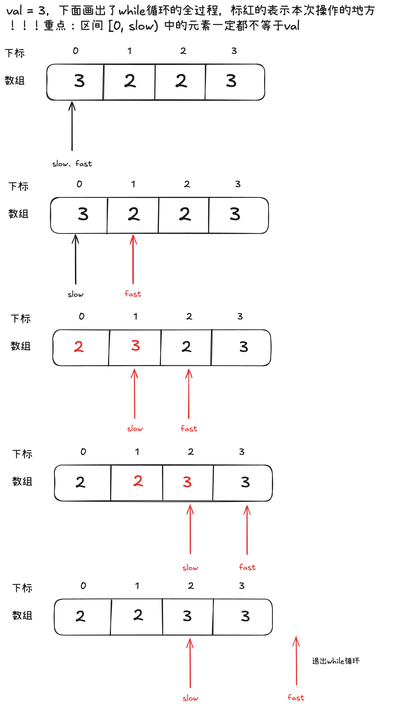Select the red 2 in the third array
click(x=79, y=347)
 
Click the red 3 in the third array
click(x=136, y=345)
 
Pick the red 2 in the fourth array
click(x=138, y=481)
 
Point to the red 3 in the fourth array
click(x=187, y=482)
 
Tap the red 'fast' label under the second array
click(x=133, y=294)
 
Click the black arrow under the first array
click(x=72, y=126)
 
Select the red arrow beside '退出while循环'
click(x=296, y=661)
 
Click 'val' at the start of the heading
click(x=14, y=11)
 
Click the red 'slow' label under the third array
click(x=135, y=429)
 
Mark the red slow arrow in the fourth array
click(x=190, y=529)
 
